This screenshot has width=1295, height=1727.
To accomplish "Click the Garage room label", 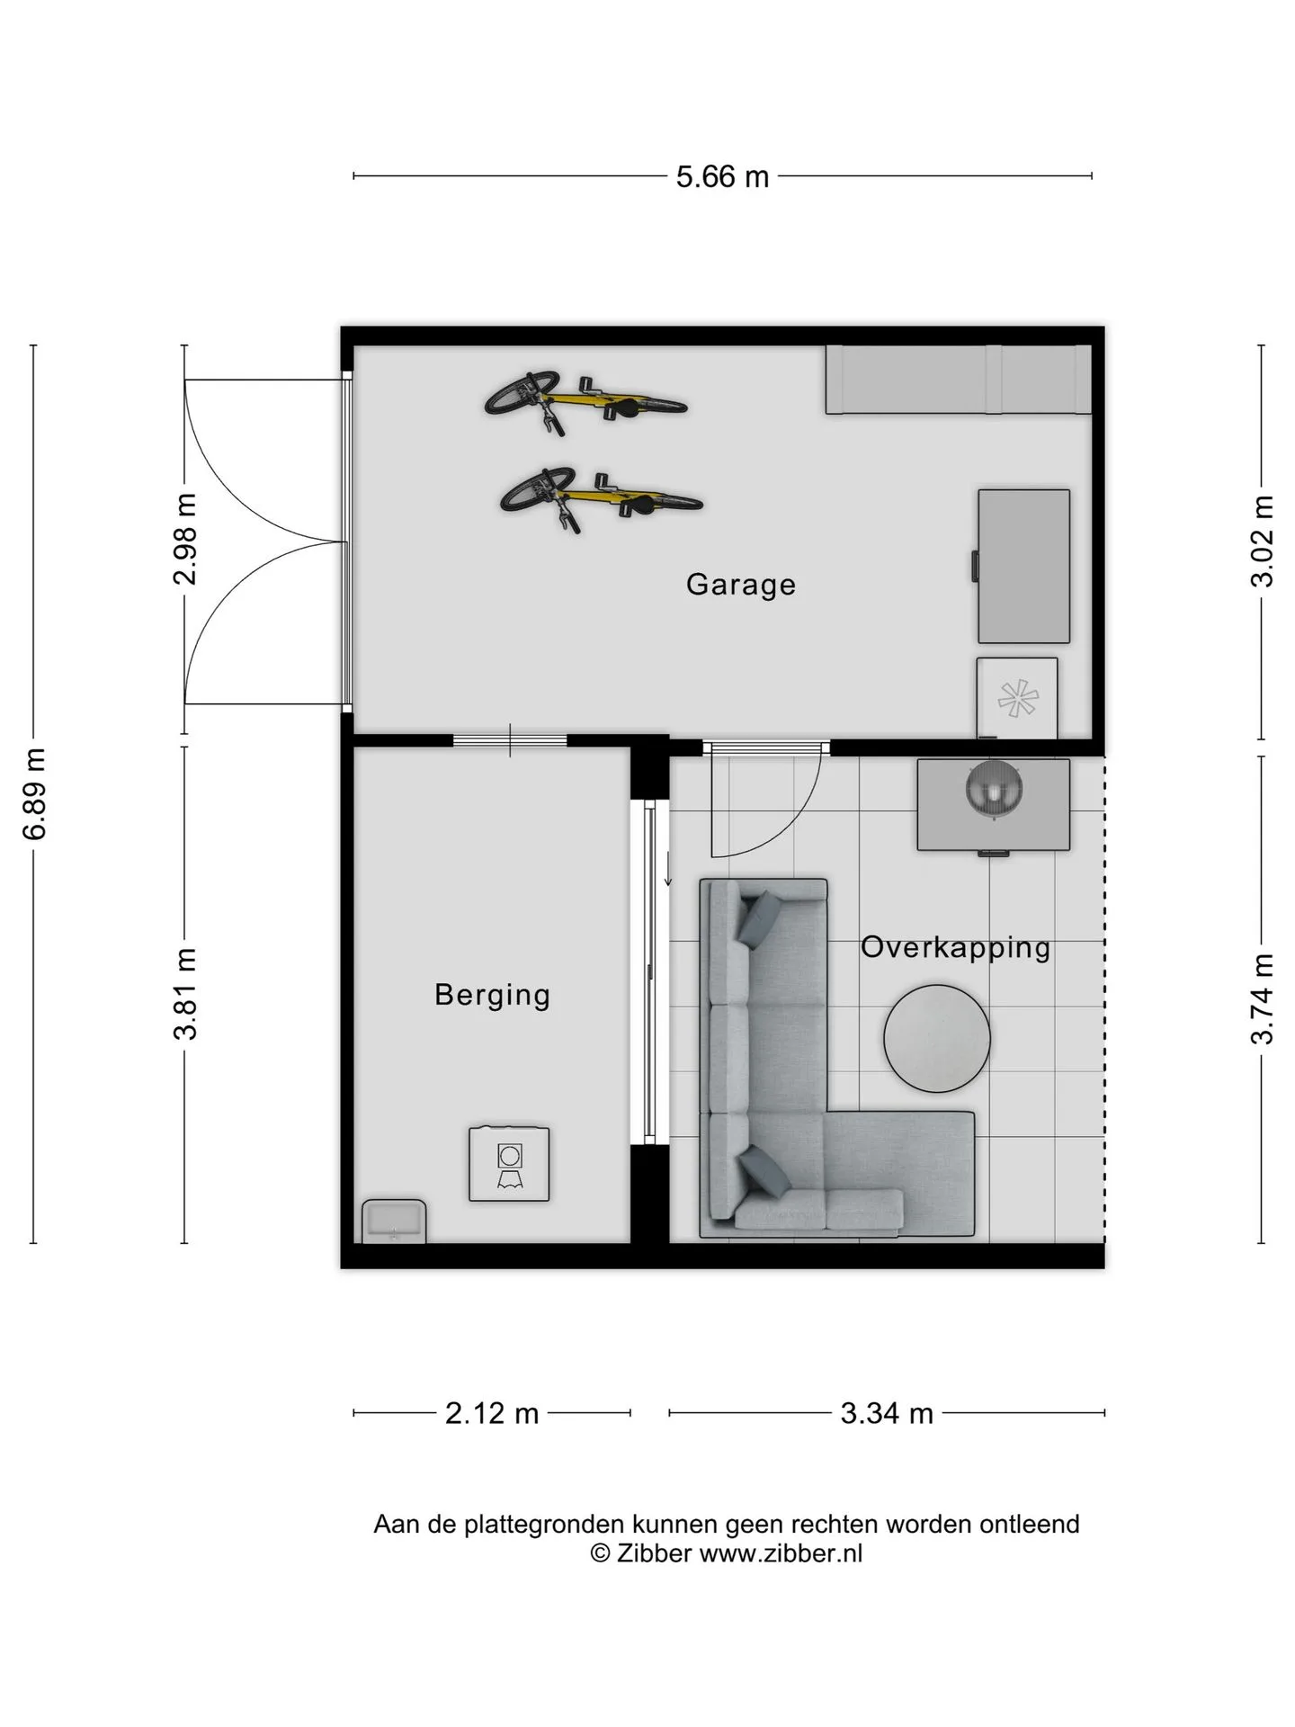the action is click(x=740, y=585).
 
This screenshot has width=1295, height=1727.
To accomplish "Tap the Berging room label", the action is click(x=492, y=995).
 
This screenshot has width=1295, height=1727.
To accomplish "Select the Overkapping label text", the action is click(x=955, y=947).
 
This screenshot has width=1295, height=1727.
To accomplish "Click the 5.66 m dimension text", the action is click(x=723, y=176).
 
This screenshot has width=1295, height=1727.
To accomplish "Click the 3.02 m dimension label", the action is click(x=1263, y=541).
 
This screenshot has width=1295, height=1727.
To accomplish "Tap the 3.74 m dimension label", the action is click(x=1263, y=998).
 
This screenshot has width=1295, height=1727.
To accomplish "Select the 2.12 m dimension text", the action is click(x=492, y=1413).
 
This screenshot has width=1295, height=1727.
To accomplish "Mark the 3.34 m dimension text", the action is click(x=887, y=1413).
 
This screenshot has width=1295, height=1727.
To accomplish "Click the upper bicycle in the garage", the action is click(x=585, y=402).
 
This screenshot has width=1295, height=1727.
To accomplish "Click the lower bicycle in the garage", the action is click(x=601, y=498).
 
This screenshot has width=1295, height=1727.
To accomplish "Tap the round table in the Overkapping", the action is click(x=937, y=1039).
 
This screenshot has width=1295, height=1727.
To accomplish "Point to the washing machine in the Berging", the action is click(x=509, y=1163).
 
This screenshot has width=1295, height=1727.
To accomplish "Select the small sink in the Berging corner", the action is click(x=394, y=1221).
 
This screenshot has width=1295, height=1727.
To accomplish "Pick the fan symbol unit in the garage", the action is click(x=1017, y=698).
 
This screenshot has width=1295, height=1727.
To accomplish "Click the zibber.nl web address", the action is click(x=781, y=1553).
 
